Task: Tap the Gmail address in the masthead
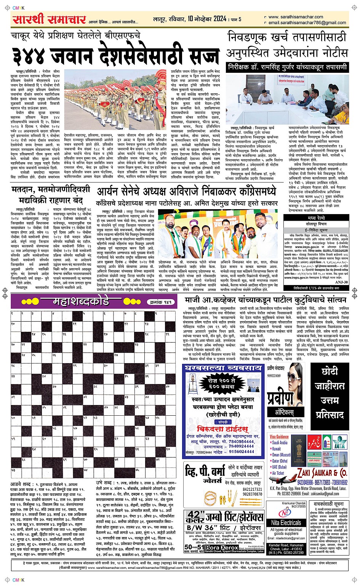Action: coord(307,22)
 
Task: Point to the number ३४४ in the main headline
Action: coord(30,56)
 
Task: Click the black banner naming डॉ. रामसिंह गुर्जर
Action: coord(287,67)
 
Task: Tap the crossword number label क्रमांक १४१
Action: coord(161,302)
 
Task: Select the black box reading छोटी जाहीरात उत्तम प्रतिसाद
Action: coord(330,392)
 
